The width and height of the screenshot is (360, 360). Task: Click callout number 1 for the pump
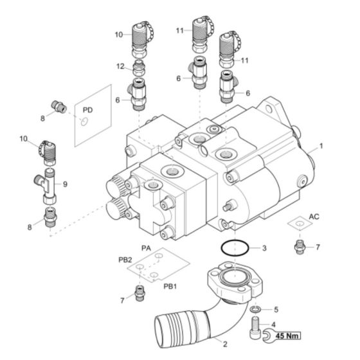coord(321,146)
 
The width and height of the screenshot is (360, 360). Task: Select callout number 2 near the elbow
coord(224,343)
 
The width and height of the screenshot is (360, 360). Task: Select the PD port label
coord(89,111)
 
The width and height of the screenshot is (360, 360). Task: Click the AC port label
coord(314,216)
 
